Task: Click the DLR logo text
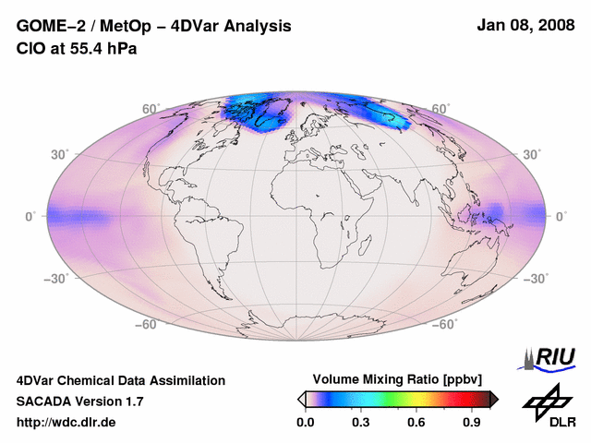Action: coord(562,422)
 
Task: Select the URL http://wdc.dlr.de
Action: coord(67,423)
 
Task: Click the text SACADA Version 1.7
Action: coord(79,401)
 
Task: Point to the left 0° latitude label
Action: coord(30,217)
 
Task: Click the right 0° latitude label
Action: coord(561,217)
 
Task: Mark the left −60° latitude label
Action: coord(146,325)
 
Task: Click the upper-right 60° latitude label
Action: coord(440,109)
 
